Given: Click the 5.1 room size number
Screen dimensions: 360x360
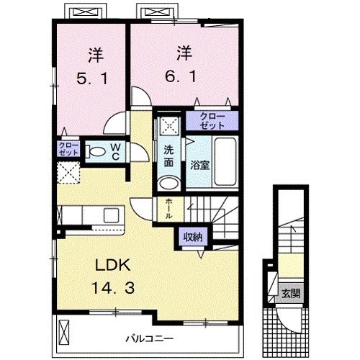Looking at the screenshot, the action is (x=92, y=78).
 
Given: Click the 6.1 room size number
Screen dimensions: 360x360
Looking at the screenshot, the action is (x=181, y=76).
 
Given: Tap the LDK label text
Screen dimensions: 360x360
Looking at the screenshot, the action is (x=113, y=265).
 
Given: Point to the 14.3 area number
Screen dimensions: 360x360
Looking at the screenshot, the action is (x=113, y=288).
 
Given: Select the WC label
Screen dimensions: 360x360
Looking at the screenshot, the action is (x=115, y=152).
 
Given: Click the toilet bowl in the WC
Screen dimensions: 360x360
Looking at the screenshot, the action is (x=96, y=152).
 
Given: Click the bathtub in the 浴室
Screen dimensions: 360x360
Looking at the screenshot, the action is (x=225, y=163).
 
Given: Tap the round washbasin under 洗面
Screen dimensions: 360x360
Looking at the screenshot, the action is (x=169, y=184).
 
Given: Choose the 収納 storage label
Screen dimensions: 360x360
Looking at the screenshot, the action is (x=193, y=238).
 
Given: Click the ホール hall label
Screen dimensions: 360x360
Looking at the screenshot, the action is (x=168, y=209).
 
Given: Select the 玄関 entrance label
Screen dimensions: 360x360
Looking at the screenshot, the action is (x=291, y=293).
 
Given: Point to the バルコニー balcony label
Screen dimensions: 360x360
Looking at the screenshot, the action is (x=150, y=339).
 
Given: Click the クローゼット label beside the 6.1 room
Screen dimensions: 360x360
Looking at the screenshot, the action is (x=212, y=121).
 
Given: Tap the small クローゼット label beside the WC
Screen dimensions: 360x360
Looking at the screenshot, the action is (x=68, y=149).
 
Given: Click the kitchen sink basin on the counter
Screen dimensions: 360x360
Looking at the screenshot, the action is (x=111, y=215).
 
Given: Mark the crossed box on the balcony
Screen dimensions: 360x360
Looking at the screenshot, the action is (x=63, y=332).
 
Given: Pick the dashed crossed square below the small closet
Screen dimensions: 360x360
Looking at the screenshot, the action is (x=68, y=173).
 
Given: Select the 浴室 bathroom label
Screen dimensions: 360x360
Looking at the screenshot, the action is (x=200, y=165).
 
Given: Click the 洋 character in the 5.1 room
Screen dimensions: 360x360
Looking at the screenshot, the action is (x=96, y=56).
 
